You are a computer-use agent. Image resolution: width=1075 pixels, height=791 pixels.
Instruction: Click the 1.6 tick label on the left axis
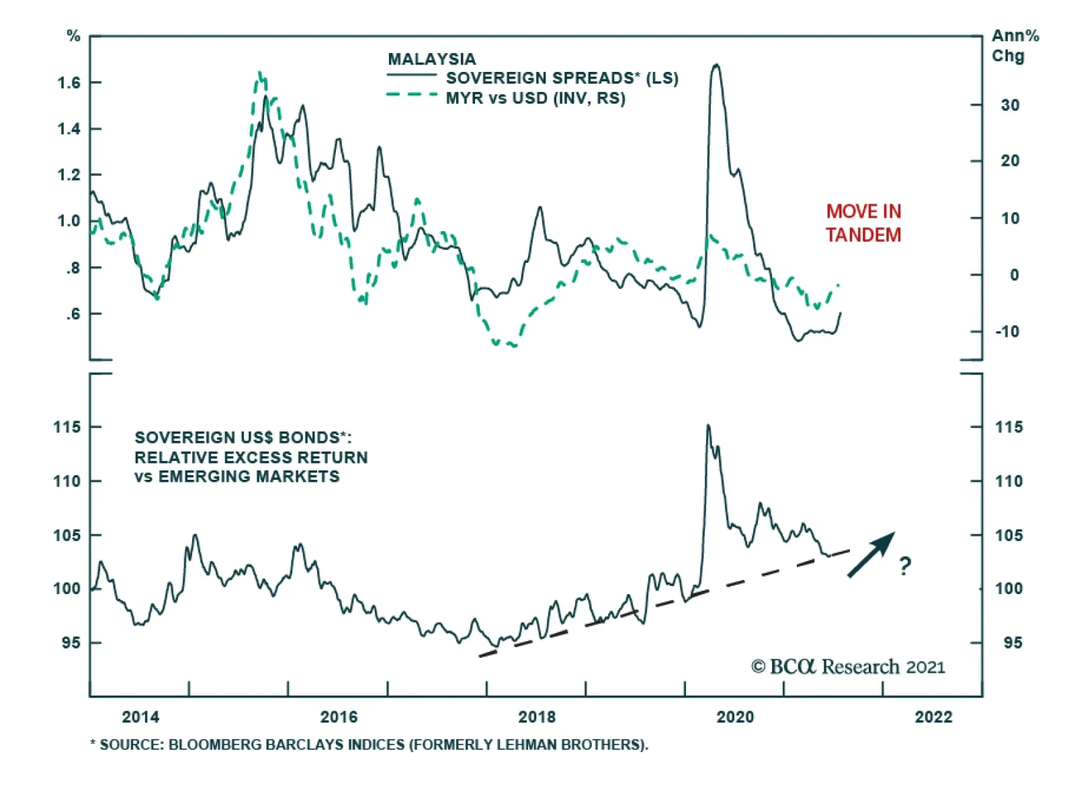click(69, 83)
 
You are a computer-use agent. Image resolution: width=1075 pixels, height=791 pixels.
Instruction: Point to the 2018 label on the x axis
click(537, 717)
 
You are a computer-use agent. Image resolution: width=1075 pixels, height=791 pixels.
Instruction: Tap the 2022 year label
click(933, 717)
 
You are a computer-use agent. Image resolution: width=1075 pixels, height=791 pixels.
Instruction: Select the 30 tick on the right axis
click(1009, 106)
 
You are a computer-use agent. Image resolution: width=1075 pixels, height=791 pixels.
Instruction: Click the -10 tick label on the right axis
click(1006, 331)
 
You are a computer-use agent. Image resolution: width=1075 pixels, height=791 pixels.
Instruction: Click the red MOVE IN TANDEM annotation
click(863, 223)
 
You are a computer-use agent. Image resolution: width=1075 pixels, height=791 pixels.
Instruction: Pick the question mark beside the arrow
click(905, 567)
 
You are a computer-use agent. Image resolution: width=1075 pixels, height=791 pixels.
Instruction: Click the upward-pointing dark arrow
click(871, 554)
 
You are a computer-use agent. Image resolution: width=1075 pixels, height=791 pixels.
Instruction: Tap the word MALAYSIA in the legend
click(431, 59)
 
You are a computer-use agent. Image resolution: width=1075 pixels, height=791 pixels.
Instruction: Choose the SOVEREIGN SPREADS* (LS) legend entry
click(562, 79)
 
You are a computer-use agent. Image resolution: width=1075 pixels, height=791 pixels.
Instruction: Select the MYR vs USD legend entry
click(535, 99)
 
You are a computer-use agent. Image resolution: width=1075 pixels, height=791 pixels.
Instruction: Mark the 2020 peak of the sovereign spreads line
click(716, 65)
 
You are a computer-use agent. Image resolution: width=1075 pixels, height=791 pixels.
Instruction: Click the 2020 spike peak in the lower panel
click(707, 425)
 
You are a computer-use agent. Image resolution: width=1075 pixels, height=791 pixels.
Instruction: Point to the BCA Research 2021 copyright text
click(848, 667)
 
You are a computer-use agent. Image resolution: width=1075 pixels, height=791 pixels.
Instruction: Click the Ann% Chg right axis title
click(1015, 45)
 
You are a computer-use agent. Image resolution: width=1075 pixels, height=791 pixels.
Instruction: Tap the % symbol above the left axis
click(73, 36)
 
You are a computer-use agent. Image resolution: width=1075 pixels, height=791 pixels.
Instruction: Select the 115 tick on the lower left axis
click(67, 427)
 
